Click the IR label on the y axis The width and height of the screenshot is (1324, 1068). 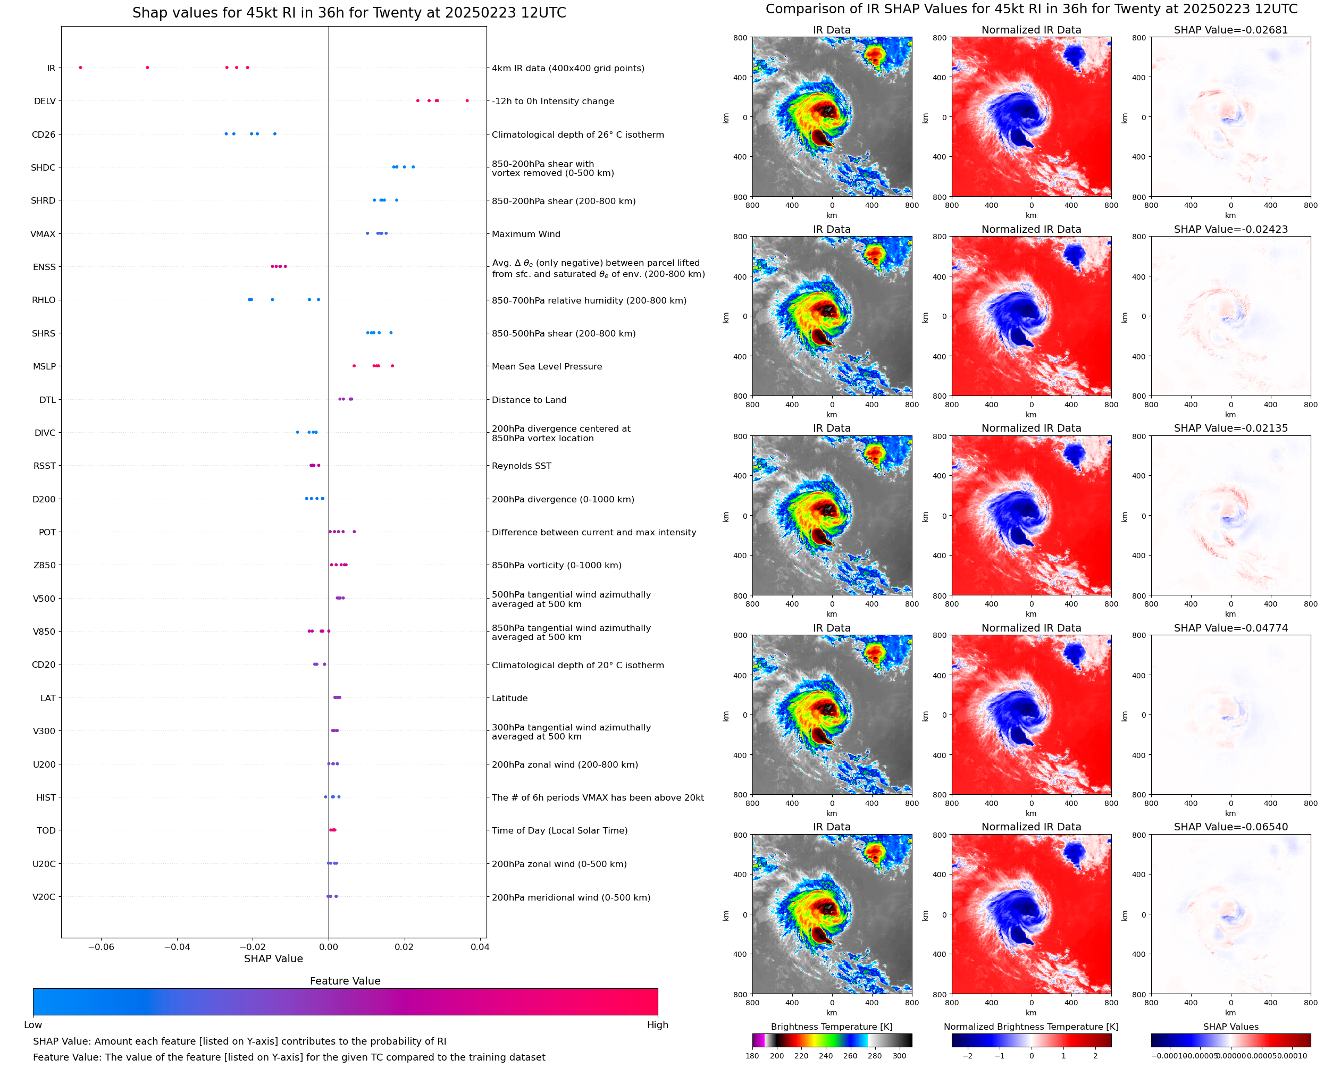coord(51,68)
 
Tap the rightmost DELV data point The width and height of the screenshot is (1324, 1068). coord(467,100)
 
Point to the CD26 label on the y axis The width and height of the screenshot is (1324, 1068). coord(44,134)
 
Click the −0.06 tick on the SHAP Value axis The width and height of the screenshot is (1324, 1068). coord(101,947)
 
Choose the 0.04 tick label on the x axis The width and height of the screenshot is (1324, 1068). coord(480,947)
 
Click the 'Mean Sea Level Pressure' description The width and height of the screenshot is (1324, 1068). coord(546,367)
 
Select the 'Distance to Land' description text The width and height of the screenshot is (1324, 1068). coord(529,400)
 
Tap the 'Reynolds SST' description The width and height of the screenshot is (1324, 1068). coord(521,466)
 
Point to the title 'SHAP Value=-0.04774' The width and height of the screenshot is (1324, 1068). coord(1230,628)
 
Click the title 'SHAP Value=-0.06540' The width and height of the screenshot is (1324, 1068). coord(1230,827)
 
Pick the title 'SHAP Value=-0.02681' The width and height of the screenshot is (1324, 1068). coord(1230,30)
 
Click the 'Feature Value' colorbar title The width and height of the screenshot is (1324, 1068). coord(345,981)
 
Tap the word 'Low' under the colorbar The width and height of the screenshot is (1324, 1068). coord(33,1025)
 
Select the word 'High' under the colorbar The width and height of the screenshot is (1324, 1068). coord(657,1025)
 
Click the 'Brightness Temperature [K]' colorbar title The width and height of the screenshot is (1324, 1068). coord(831,1027)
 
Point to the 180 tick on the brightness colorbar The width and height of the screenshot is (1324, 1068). coord(752,1056)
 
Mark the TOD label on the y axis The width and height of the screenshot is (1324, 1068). coord(46,830)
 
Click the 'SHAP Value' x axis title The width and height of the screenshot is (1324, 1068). coord(273,958)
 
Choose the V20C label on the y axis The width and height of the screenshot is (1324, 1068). coord(44,897)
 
